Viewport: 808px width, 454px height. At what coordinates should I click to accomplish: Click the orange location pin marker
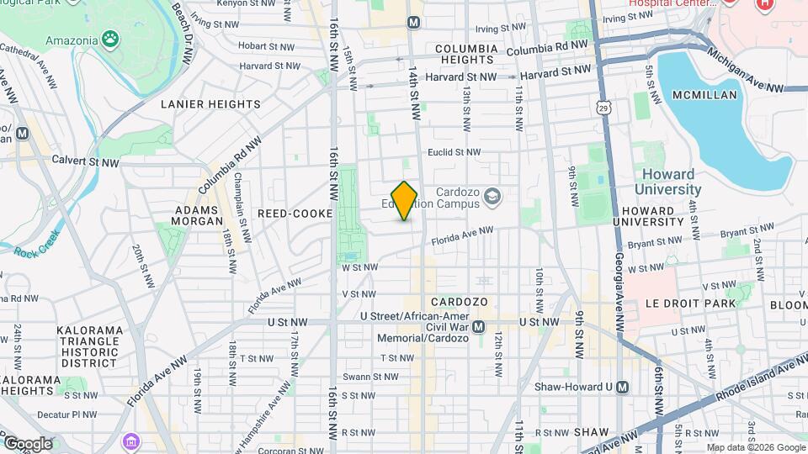(x=405, y=200)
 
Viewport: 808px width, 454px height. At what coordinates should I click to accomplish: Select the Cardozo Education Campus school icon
(x=492, y=198)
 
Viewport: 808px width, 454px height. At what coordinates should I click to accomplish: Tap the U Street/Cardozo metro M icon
(x=479, y=327)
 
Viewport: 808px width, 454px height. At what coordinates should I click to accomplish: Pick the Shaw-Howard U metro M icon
(x=622, y=387)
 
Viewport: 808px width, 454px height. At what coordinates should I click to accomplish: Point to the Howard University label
(x=670, y=182)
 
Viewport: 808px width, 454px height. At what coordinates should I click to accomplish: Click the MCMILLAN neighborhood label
(x=704, y=95)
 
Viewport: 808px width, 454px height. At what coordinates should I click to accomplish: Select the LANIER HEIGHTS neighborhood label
(x=210, y=104)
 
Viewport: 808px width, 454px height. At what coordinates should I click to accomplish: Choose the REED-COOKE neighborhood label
(x=295, y=214)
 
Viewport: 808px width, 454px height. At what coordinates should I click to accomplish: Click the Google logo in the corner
(x=27, y=443)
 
